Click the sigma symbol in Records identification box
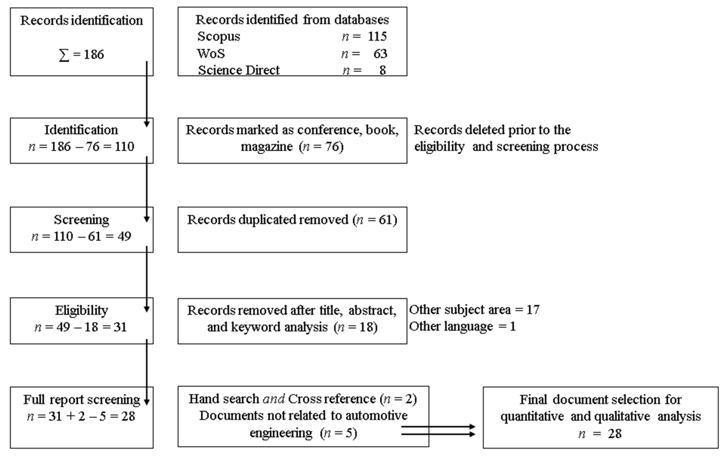click(x=64, y=55)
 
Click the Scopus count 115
click(x=377, y=37)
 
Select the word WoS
click(x=211, y=54)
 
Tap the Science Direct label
click(x=239, y=70)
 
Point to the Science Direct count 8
click(x=382, y=70)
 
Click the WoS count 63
click(x=380, y=54)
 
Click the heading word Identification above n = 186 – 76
click(x=81, y=130)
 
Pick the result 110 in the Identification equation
click(x=124, y=147)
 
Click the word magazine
click(x=267, y=147)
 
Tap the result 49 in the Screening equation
click(x=124, y=236)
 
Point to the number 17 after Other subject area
click(x=533, y=310)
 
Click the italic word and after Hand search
click(x=274, y=399)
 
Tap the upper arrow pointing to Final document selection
click(x=438, y=427)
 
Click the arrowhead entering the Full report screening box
click(x=147, y=402)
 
